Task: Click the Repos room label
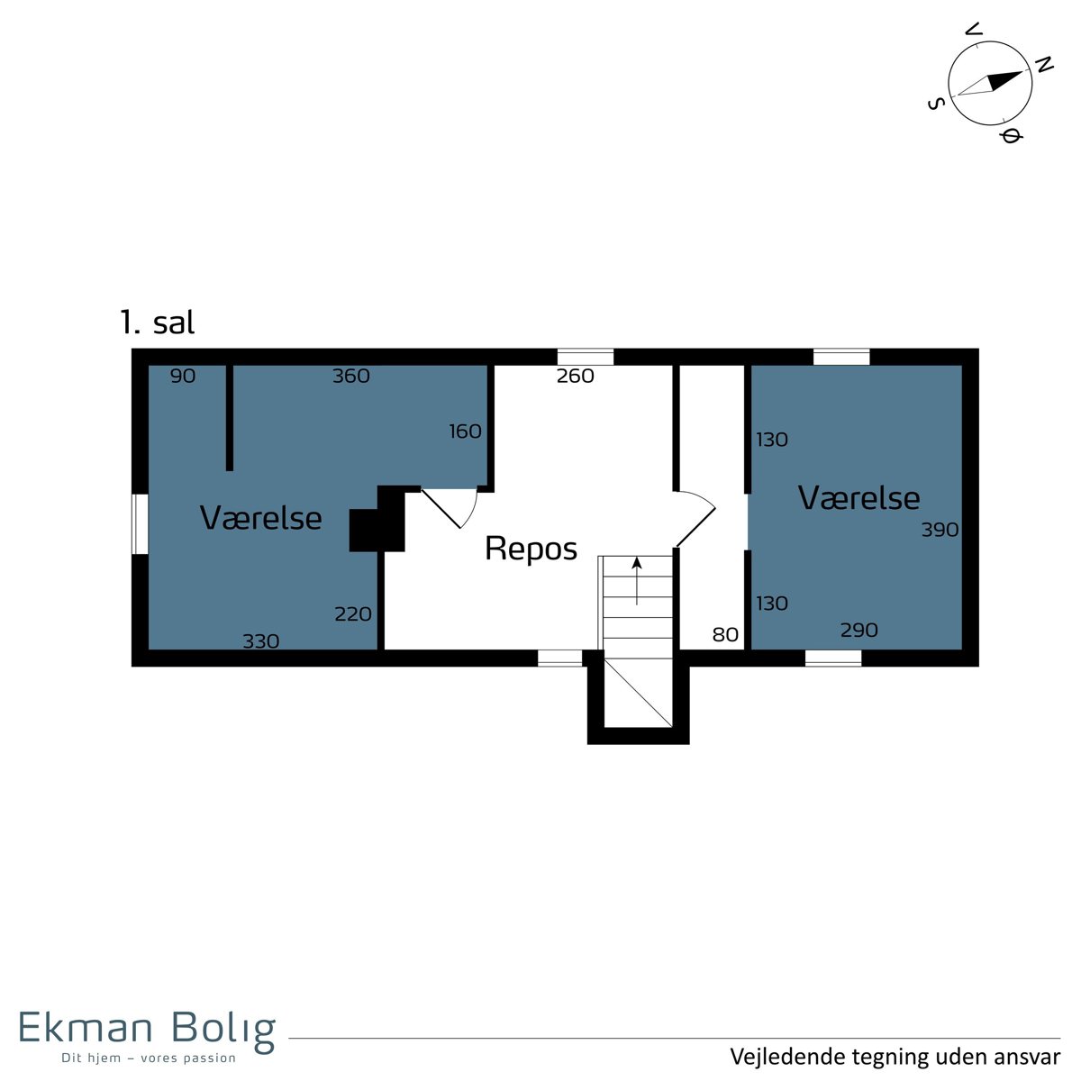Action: point(531,550)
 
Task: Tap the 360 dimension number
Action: point(351,376)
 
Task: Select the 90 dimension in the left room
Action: point(183,376)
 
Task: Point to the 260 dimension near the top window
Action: point(575,376)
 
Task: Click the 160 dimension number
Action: point(465,431)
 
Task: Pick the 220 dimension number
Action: point(353,614)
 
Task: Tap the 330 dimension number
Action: point(261,641)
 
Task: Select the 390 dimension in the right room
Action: point(940,530)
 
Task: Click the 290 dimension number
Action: point(858,630)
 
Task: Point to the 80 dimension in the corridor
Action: point(725,634)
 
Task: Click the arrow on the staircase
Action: point(637,581)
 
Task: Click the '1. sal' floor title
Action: point(158,322)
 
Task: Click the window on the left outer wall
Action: point(141,524)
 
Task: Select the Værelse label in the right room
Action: point(858,498)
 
